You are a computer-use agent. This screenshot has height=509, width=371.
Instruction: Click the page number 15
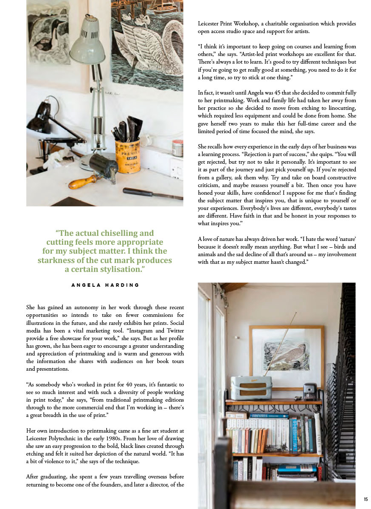[365, 499]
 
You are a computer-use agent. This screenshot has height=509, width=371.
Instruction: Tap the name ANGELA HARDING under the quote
[105, 285]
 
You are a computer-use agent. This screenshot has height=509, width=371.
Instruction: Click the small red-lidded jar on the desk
[177, 148]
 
